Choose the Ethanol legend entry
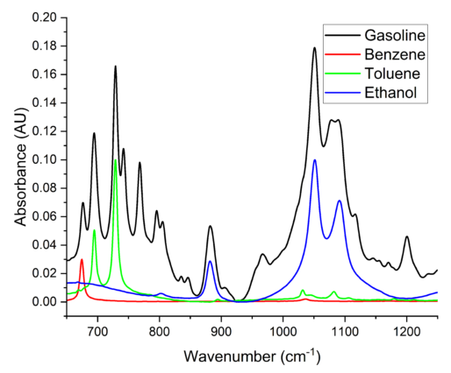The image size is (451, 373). click(x=394, y=91)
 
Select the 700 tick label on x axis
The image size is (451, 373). click(x=97, y=333)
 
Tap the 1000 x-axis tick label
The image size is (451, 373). click(x=283, y=333)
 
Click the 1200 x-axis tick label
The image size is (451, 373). click(x=406, y=333)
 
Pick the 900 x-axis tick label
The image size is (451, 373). click(x=221, y=333)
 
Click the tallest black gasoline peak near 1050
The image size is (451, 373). click(x=314, y=48)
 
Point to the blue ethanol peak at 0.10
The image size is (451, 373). click(x=314, y=160)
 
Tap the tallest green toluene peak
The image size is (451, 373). click(x=115, y=160)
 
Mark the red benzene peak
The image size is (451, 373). click(x=82, y=260)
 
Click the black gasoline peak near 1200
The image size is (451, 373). click(x=407, y=236)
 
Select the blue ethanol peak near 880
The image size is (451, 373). click(x=210, y=261)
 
